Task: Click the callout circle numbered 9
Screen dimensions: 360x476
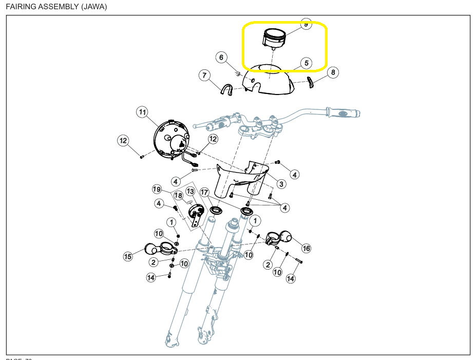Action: (x=306, y=24)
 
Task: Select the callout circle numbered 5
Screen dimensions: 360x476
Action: (x=306, y=63)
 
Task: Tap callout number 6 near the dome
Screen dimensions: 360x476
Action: (x=221, y=58)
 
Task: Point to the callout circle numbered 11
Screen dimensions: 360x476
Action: (x=142, y=111)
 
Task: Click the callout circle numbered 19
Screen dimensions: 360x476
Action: (x=157, y=190)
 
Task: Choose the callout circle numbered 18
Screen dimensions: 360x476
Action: (x=178, y=196)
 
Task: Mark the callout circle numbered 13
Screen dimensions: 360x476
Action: (x=190, y=192)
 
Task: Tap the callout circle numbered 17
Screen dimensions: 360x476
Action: (x=204, y=193)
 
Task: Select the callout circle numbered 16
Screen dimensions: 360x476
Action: (x=306, y=249)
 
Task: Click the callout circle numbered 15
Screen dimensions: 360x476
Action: (x=128, y=256)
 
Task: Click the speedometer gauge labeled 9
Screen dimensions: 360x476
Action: (x=274, y=39)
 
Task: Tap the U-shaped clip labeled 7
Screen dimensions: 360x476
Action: (x=225, y=90)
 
